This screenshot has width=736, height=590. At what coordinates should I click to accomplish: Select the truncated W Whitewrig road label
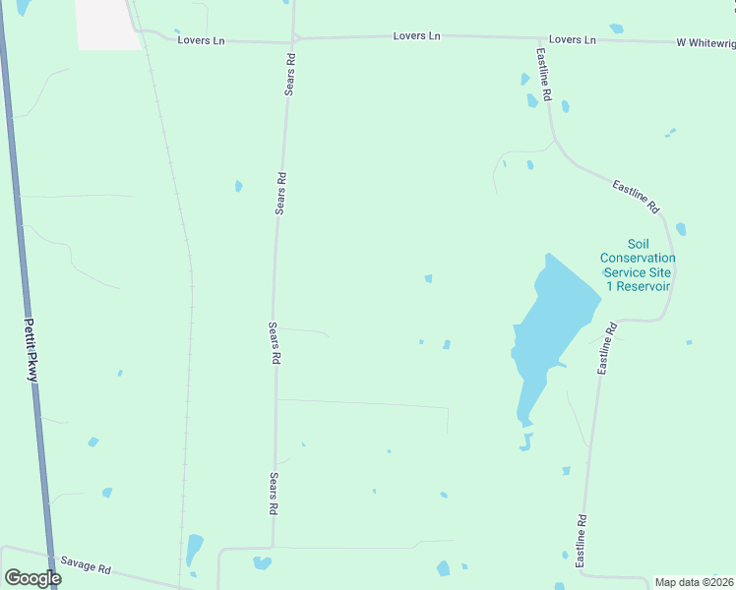(705, 42)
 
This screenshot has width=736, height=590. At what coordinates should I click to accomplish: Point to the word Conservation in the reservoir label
(639, 259)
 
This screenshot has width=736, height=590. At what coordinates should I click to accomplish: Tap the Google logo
(31, 578)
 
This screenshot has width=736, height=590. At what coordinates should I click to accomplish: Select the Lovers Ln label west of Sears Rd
(202, 40)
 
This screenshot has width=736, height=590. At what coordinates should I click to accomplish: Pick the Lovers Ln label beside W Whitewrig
(573, 39)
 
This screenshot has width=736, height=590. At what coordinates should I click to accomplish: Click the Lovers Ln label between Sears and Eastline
(416, 36)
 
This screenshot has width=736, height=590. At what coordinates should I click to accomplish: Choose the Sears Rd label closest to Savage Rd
(275, 495)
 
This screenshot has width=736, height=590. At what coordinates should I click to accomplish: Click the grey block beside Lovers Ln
(107, 24)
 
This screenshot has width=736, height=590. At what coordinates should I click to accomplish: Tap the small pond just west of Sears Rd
(238, 185)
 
